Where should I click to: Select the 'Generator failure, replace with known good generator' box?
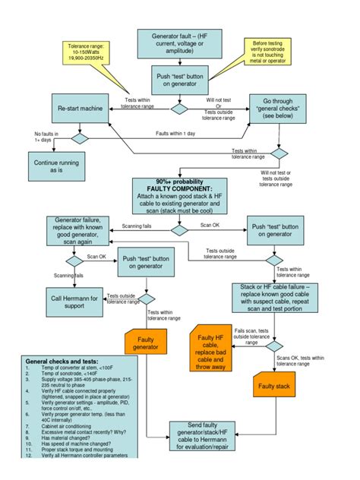pyautogui.click(x=72, y=230)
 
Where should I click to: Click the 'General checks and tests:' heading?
pyautogui.click(x=62, y=361)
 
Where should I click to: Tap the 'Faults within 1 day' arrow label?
pyautogui.click(x=175, y=134)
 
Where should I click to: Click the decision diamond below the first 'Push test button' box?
pyautogui.click(x=178, y=108)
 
